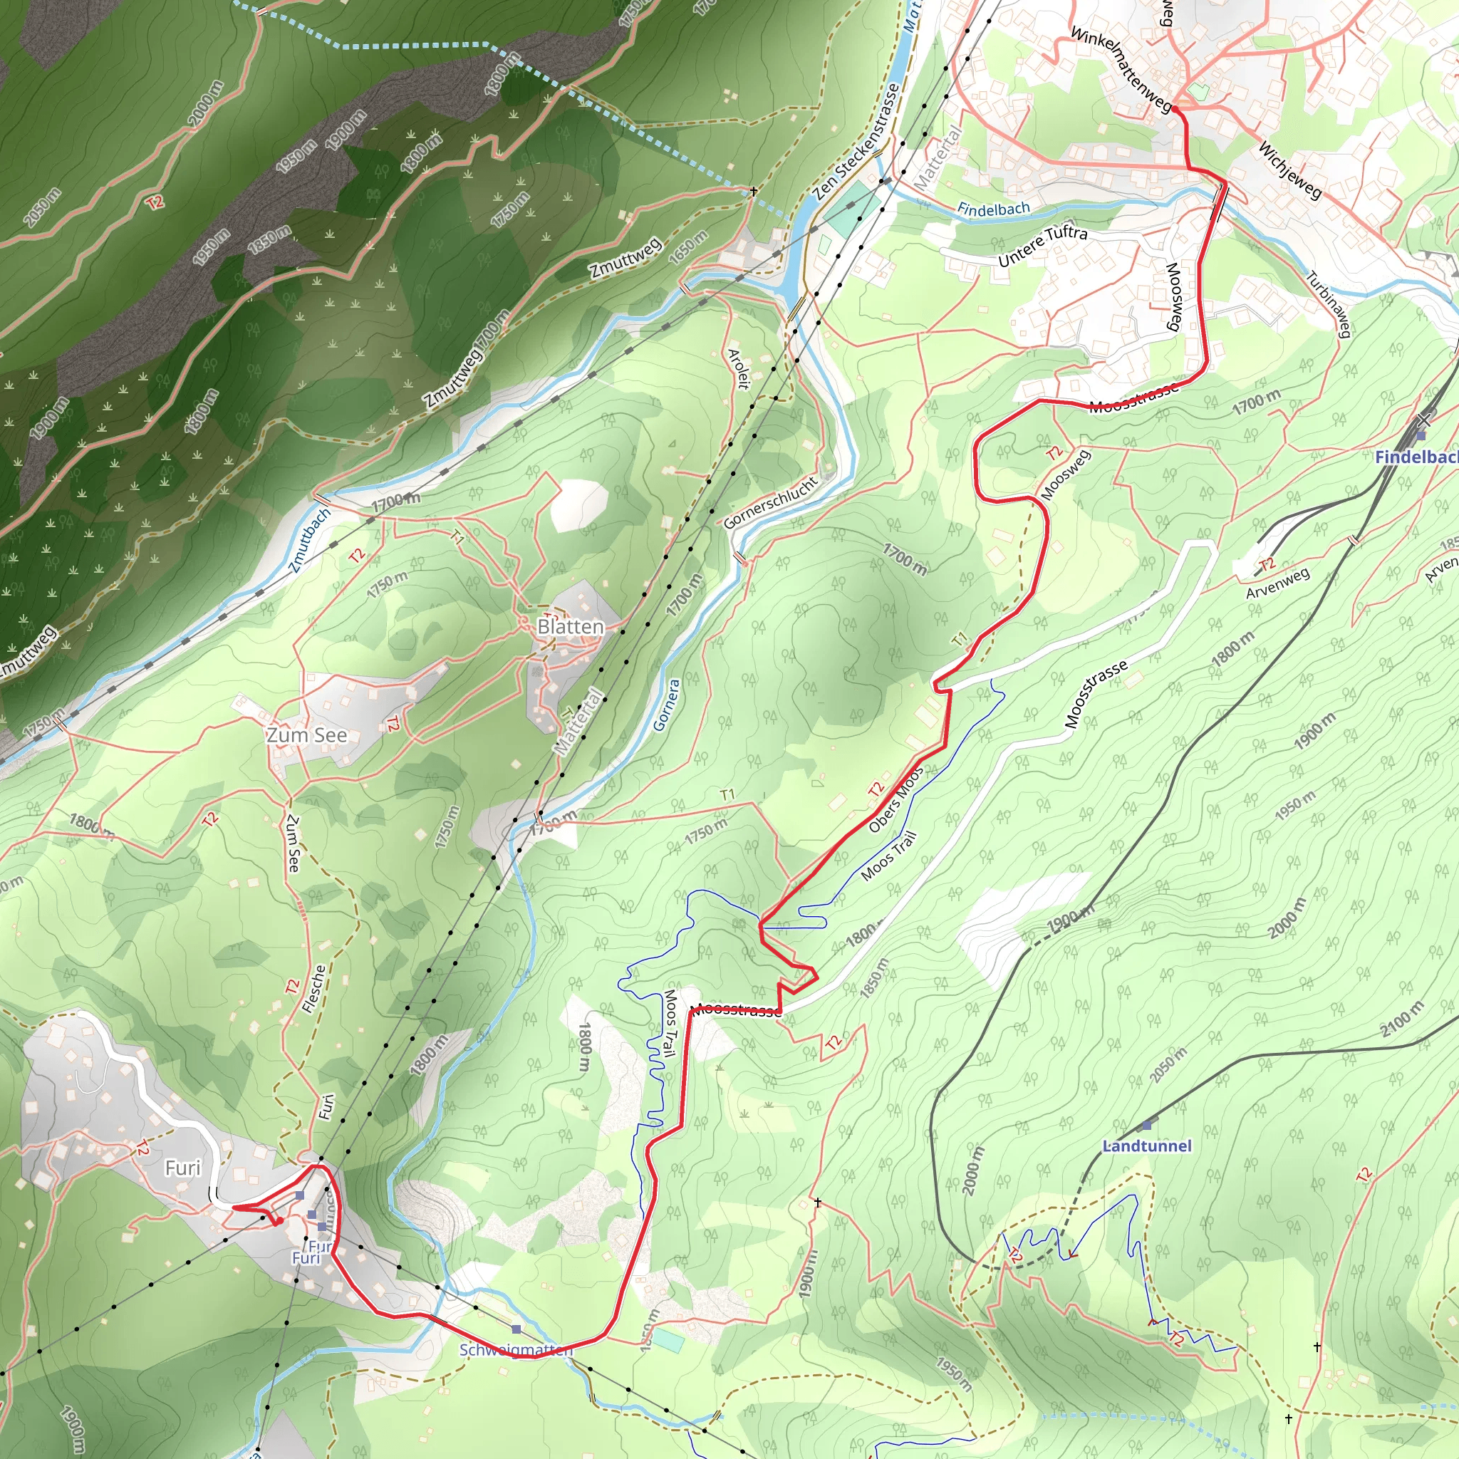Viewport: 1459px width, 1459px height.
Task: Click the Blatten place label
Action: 570,627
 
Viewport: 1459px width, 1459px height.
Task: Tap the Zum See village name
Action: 306,734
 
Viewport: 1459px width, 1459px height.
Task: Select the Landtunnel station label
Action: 1146,1146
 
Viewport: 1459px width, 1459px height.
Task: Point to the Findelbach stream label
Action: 993,209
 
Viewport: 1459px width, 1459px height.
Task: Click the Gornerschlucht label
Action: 771,502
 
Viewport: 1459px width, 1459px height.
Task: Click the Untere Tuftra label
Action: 1042,246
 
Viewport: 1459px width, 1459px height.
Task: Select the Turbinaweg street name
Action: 1329,304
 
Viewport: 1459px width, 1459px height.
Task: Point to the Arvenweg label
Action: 1278,583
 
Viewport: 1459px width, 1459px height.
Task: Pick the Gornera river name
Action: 666,705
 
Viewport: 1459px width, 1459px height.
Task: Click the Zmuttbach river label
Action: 310,540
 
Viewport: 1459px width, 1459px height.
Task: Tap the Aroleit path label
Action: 739,368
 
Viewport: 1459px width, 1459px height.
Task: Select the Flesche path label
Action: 313,989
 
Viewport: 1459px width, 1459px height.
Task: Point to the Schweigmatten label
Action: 516,1349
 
